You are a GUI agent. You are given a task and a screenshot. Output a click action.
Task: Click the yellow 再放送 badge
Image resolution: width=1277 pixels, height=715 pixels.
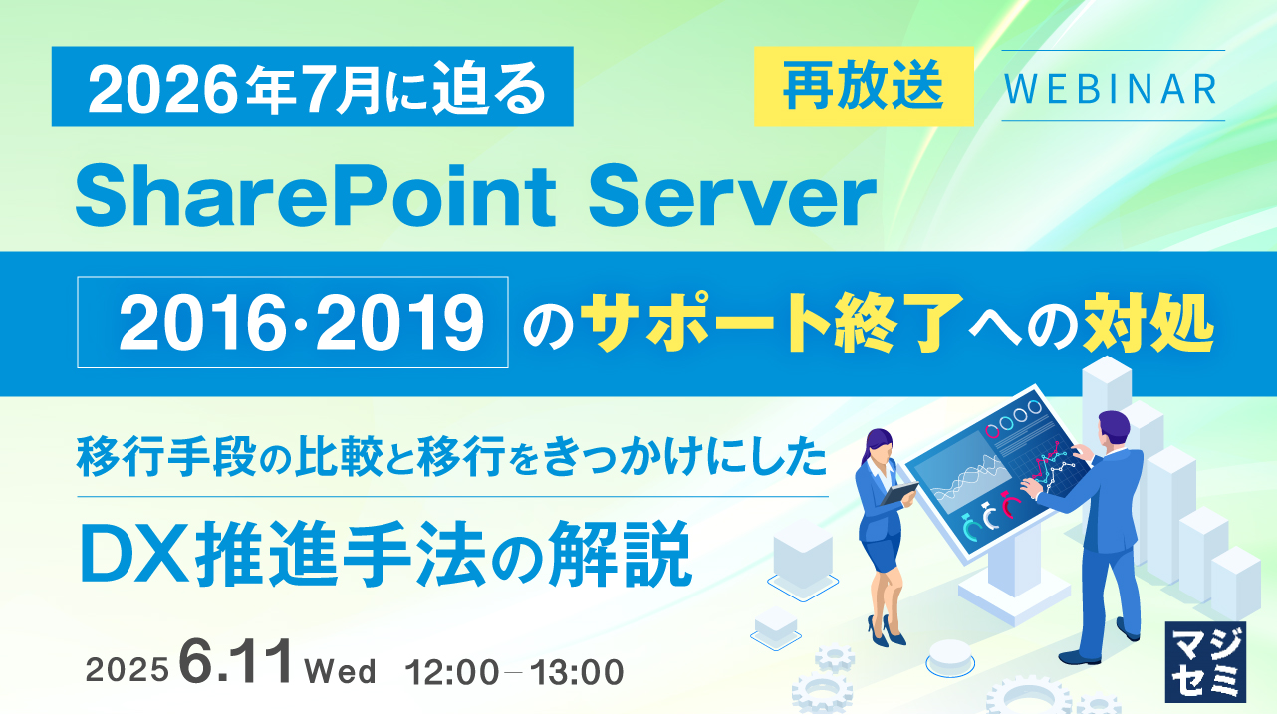click(x=863, y=88)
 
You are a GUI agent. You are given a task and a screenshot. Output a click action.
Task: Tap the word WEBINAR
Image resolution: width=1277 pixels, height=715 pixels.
click(x=1112, y=87)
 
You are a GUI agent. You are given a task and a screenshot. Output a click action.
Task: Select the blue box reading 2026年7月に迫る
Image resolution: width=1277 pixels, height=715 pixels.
click(x=313, y=88)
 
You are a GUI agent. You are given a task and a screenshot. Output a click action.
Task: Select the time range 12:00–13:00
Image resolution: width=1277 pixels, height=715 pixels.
click(x=514, y=671)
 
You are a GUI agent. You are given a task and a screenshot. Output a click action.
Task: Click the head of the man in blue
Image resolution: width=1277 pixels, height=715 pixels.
click(x=1112, y=430)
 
